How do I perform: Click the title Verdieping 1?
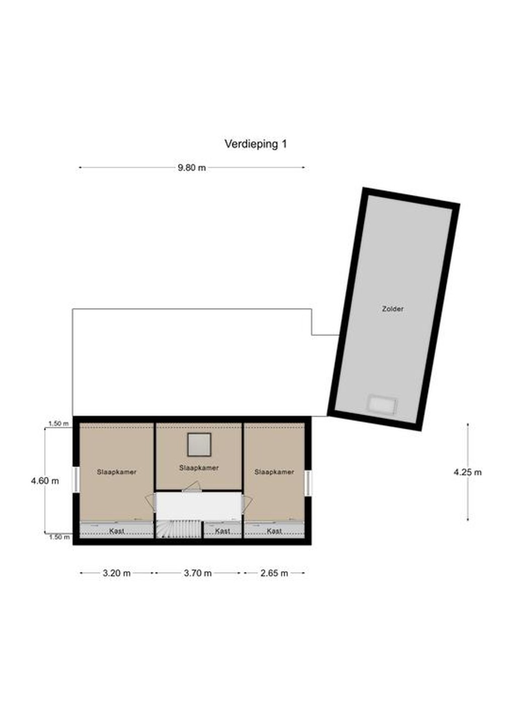click(255, 144)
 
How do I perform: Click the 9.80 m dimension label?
click(192, 168)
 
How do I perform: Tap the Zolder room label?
click(393, 309)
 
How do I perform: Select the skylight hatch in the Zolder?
click(383, 404)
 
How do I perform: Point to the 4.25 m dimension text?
click(467, 472)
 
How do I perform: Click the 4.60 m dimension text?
click(45, 481)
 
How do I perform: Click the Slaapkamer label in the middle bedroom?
click(199, 468)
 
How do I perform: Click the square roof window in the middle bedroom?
click(200, 445)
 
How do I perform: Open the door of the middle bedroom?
click(193, 487)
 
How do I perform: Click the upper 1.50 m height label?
click(59, 424)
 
